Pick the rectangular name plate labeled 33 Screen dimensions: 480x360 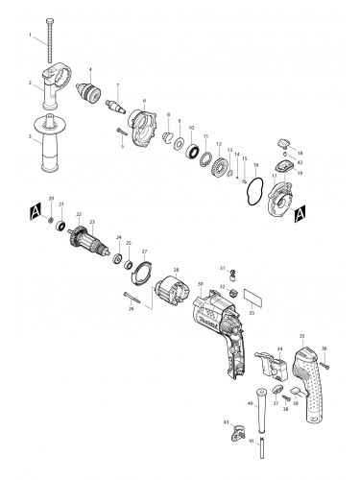[x=253, y=297]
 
